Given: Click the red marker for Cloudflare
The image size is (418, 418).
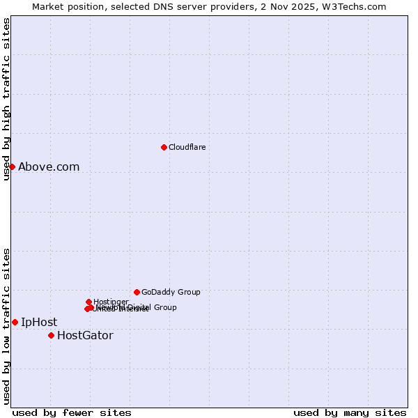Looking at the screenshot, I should (164, 147).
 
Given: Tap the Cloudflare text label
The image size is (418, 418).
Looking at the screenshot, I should (187, 147).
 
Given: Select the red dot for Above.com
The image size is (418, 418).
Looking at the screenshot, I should (12, 167).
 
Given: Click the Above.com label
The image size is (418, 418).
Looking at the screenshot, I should (49, 167).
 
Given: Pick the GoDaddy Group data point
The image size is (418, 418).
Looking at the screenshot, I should (137, 292).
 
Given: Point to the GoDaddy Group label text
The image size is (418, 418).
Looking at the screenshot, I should (171, 292).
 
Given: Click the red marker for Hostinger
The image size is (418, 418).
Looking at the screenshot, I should (88, 302).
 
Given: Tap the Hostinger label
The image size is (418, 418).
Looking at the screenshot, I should (111, 302).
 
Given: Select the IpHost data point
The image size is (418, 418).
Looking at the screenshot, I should (15, 322).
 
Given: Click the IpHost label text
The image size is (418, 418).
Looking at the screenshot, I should (39, 322).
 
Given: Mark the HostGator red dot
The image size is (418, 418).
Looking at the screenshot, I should (51, 335).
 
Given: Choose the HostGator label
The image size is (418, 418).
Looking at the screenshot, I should (85, 335).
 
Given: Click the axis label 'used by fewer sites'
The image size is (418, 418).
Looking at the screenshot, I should (72, 412).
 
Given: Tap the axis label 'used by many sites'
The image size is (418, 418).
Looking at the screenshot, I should (350, 412).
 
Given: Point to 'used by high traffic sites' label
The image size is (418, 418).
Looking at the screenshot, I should (6, 99).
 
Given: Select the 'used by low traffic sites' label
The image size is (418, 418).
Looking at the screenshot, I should (6, 326).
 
